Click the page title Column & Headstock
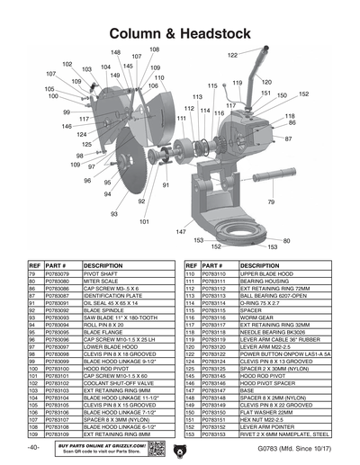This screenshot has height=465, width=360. [x=180, y=32]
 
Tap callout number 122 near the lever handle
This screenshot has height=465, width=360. [x=232, y=56]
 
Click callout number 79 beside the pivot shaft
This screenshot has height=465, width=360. [x=271, y=202]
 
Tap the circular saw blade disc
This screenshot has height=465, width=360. [x=135, y=162]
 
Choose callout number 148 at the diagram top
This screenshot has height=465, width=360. [x=115, y=54]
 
